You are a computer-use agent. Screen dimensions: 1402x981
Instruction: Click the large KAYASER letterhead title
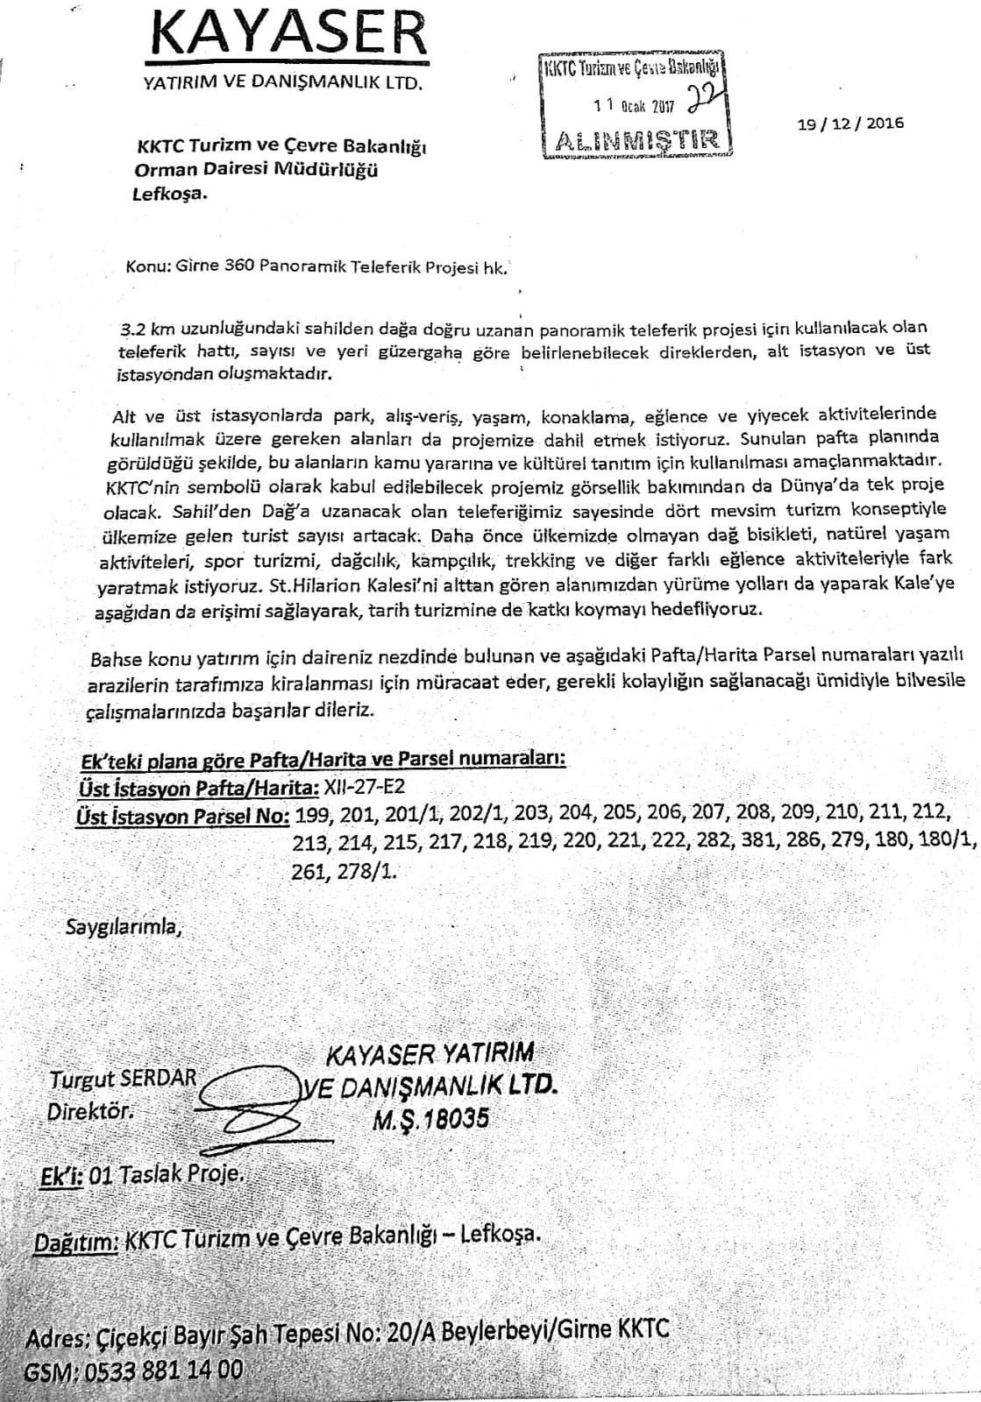[x=290, y=36]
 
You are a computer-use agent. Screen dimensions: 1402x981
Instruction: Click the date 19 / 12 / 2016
[x=849, y=123]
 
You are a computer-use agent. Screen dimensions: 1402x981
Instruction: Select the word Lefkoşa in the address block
[x=170, y=194]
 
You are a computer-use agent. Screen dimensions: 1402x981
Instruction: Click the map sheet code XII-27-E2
[x=364, y=785]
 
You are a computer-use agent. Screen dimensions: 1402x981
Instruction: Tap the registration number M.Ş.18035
[x=429, y=1118]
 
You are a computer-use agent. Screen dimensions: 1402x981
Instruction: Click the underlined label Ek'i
[x=61, y=1176]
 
